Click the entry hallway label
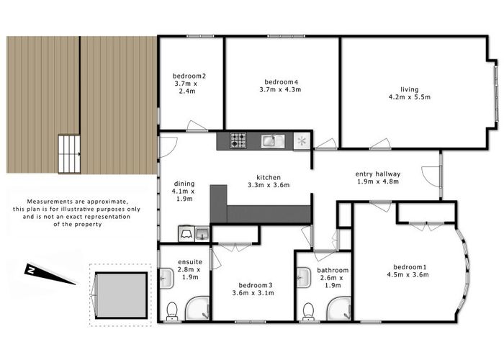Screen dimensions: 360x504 click(x=378, y=174)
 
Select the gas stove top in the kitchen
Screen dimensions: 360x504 click(x=238, y=140)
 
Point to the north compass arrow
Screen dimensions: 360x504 click(x=50, y=274)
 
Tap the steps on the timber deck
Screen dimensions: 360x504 click(x=68, y=153)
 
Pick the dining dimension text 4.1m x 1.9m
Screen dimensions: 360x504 click(x=184, y=194)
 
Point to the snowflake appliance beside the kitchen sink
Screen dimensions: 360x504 click(x=302, y=140)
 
